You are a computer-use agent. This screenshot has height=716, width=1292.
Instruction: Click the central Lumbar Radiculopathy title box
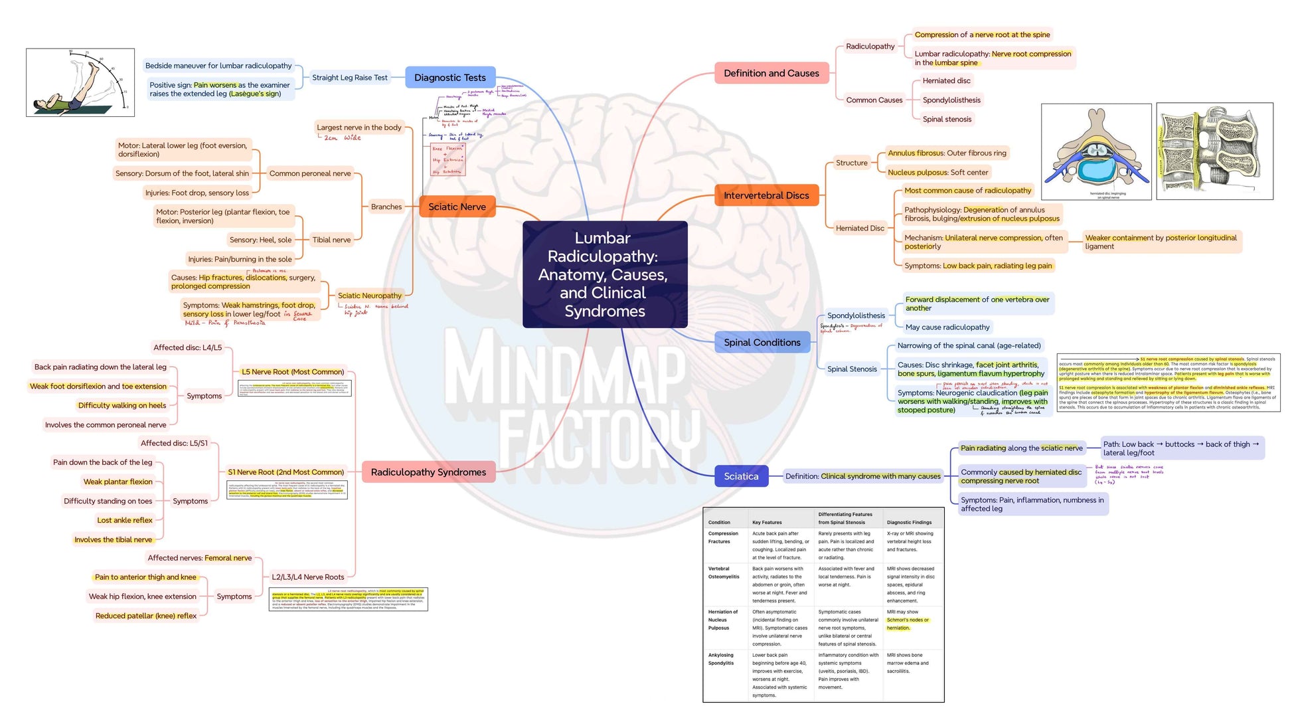pos(604,274)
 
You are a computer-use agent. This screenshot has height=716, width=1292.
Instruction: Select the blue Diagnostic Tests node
pos(449,78)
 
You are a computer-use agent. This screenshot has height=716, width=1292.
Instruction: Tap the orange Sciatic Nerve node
pos(457,207)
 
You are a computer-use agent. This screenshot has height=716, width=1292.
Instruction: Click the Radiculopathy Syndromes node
pos(428,472)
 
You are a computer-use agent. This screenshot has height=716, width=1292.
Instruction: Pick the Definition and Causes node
pos(771,73)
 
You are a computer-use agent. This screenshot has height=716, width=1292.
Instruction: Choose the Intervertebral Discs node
pos(766,195)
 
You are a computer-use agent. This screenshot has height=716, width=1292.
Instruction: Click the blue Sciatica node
pos(741,476)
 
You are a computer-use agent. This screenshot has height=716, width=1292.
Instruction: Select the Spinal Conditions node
pos(762,343)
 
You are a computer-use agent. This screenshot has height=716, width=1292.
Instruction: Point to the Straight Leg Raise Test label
pos(350,78)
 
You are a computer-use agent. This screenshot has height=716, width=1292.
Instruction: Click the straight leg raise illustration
pos(80,82)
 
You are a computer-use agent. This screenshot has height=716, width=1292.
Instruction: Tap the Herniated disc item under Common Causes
pos(946,81)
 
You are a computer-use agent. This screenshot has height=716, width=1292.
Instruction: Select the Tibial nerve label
pos(331,240)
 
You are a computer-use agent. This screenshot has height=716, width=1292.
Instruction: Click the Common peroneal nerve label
pos(310,173)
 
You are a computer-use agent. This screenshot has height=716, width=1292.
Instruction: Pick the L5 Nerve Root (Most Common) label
pos(293,372)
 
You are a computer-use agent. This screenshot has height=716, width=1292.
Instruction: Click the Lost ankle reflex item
pos(125,520)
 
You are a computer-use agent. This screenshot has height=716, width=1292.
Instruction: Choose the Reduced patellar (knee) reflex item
pos(146,616)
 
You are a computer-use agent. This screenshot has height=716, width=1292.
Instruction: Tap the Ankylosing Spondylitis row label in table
pos(721,659)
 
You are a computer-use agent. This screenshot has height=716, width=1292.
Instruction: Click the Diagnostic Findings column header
pos(909,522)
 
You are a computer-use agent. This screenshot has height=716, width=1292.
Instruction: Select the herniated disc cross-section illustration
pos(1095,151)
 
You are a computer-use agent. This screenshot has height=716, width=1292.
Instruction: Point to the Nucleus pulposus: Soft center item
pos(937,172)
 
